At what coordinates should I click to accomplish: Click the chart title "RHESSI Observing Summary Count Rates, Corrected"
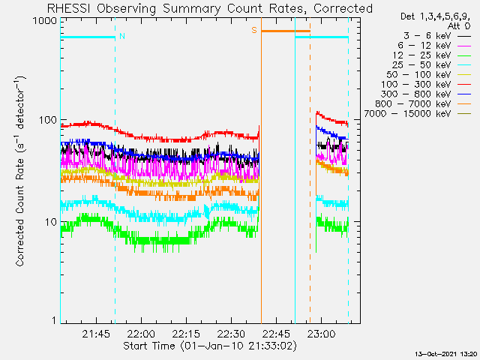point(210,8)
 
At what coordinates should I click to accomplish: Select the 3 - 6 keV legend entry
point(436,36)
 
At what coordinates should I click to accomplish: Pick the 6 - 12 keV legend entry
point(434,46)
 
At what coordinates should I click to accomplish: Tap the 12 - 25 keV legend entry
point(432,55)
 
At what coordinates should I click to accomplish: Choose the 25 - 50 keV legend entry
point(432,65)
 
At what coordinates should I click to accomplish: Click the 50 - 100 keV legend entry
point(428,75)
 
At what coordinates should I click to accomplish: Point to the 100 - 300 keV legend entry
point(426,85)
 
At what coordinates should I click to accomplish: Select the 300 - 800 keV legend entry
point(426,94)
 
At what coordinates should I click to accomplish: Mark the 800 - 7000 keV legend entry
point(423,104)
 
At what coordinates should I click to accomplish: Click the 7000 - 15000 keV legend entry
point(417,114)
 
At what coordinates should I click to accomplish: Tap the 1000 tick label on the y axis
point(45,21)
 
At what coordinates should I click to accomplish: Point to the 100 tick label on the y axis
point(48,120)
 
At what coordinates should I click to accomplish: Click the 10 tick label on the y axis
point(51,222)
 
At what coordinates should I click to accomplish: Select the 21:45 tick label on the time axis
point(96,334)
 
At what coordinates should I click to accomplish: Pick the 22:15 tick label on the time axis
point(186,334)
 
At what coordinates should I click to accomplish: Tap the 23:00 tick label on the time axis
point(321,334)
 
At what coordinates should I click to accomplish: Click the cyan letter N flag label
point(122,36)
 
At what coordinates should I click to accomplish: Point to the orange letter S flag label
point(254,30)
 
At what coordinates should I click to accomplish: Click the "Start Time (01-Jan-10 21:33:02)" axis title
point(210,346)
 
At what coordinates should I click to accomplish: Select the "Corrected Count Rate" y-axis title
point(19,212)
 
